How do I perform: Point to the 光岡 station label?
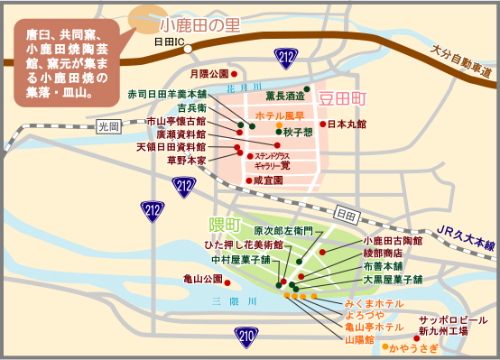pos(108,125)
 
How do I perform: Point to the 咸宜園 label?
pos(268,180)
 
